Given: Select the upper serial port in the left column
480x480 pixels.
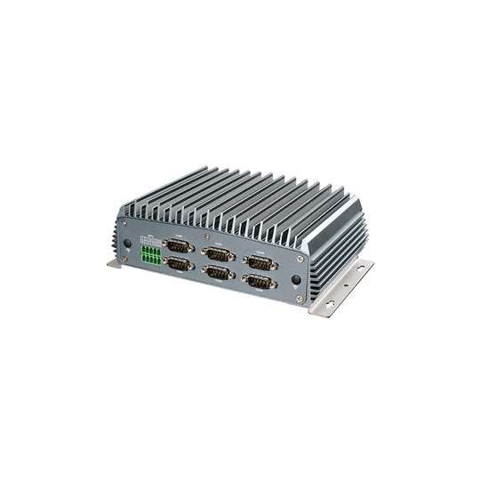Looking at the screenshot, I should click(x=179, y=245).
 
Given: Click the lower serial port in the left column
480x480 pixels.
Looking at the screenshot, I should click(x=179, y=264).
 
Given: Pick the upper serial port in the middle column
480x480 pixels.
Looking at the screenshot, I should click(x=218, y=254).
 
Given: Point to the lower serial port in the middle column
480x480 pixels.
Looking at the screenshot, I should click(x=219, y=274).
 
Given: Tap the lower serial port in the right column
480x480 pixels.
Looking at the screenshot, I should click(x=259, y=283).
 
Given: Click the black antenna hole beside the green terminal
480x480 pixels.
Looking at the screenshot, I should click(x=128, y=243).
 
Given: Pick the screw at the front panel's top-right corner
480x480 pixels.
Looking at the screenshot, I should click(x=302, y=260).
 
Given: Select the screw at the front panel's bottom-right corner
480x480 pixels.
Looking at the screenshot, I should click(x=301, y=299).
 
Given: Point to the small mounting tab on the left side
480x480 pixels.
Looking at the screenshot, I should click(x=114, y=263).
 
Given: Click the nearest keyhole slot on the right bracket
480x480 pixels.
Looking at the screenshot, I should click(x=329, y=305).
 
